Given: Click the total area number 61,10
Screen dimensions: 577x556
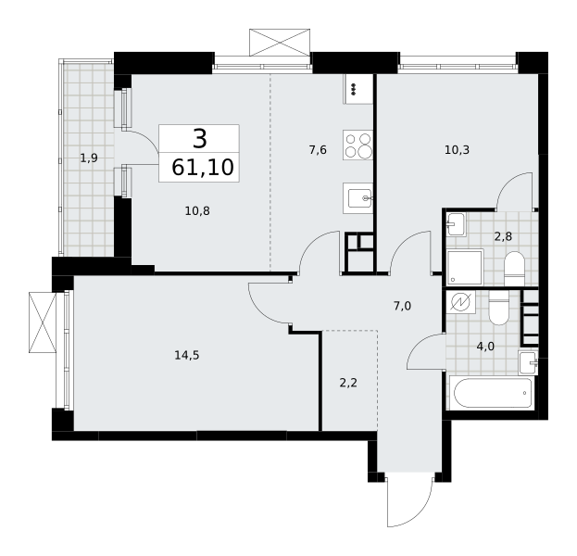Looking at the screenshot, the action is coord(203,167).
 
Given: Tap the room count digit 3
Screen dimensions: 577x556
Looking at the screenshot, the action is coord(200,139).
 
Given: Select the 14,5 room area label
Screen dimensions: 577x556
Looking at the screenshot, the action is coord(187,355).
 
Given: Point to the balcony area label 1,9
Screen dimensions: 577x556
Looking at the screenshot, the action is coord(89,158).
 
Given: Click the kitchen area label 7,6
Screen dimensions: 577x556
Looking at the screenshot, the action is coord(318,150).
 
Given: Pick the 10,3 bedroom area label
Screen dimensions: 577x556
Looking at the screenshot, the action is coord(457,150).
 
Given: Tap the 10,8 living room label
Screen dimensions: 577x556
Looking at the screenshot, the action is coord(197,211).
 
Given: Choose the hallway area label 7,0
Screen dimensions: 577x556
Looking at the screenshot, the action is coord(402,306).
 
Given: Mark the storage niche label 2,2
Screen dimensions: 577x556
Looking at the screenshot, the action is coord(348,384).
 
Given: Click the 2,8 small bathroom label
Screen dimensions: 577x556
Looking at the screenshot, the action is coord(503,236).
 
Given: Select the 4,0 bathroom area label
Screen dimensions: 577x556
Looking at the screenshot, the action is coord(485,347).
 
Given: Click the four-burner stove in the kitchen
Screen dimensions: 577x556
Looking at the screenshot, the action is coord(357,145).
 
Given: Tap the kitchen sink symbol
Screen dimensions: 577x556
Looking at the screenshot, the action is coord(357,198).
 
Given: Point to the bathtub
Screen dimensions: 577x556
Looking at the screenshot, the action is coord(493,393).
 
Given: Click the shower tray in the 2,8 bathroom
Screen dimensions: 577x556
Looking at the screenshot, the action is coord(465,267).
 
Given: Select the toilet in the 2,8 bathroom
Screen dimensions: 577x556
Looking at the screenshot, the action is coord(514,269).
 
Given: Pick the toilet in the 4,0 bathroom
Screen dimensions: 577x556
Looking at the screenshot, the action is coord(498,308).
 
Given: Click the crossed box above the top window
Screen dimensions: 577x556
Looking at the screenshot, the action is coord(280,43).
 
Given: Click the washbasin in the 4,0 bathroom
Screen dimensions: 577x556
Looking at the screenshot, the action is coord(528,362).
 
